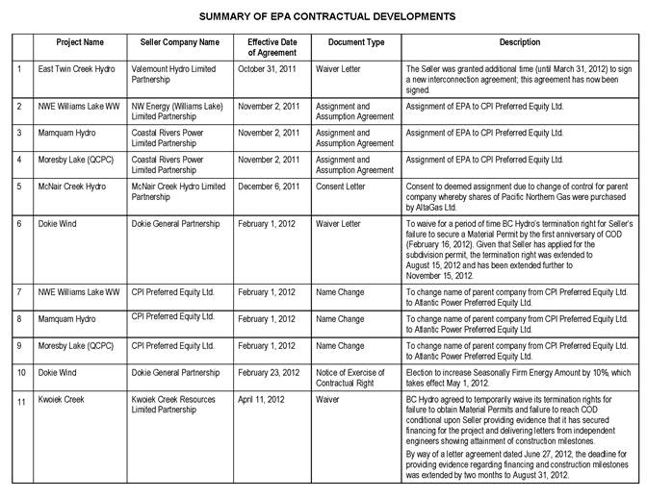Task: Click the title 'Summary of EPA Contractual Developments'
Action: (327, 16)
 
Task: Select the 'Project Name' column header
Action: (79, 43)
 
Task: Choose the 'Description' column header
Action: (520, 43)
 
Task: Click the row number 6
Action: (19, 224)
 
